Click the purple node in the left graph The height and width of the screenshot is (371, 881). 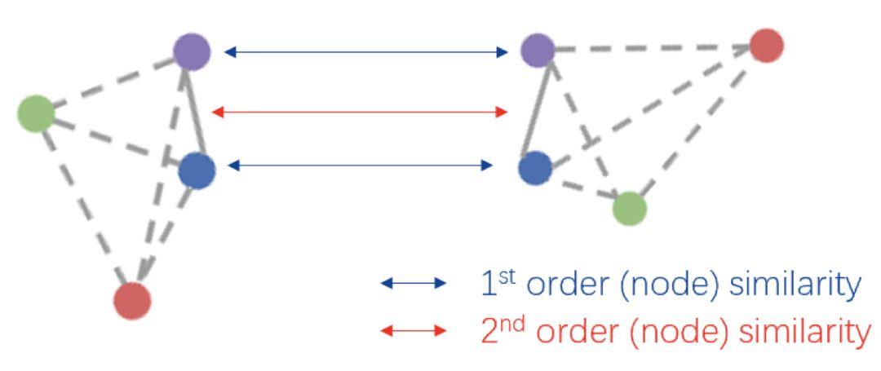pyautogui.click(x=192, y=51)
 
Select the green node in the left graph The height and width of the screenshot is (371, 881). pyautogui.click(x=36, y=113)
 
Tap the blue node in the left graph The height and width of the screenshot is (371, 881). pyautogui.click(x=197, y=170)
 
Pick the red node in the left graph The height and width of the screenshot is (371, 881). pyautogui.click(x=132, y=300)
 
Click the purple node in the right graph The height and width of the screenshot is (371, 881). pyautogui.click(x=538, y=51)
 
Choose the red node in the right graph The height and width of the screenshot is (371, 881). pyautogui.click(x=766, y=46)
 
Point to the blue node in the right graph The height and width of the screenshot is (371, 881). pyautogui.click(x=535, y=168)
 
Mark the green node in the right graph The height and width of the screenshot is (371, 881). pyautogui.click(x=630, y=208)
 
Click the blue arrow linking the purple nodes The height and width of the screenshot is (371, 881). pyautogui.click(x=365, y=52)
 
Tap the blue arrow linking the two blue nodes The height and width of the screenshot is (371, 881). pyautogui.click(x=360, y=166)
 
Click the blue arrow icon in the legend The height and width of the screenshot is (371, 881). pyautogui.click(x=414, y=284)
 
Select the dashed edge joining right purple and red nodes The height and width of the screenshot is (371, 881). pyautogui.click(x=653, y=48)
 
